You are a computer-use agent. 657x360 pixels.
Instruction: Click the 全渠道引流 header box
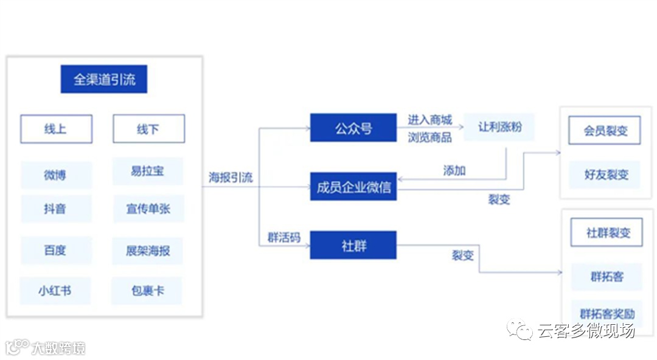coord(104,79)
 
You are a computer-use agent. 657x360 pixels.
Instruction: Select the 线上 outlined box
coord(56,129)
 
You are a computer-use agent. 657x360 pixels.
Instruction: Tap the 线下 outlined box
coord(148,129)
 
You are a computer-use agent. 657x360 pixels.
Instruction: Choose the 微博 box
coord(56,175)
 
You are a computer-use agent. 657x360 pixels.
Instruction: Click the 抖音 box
coord(56,209)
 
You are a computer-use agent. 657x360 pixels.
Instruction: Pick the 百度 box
coord(56,250)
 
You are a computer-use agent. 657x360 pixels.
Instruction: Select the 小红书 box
coord(55,291)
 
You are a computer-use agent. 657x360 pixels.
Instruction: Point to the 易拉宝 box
coord(148,171)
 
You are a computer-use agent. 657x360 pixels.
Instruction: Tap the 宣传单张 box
coord(148,209)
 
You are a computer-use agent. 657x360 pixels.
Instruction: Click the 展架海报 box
coord(148,250)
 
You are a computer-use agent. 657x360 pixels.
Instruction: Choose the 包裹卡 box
coord(148,291)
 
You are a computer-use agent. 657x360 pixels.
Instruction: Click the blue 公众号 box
coord(353,128)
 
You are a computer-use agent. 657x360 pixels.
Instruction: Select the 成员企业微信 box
coord(353,187)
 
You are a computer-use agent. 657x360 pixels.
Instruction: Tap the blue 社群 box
coord(353,245)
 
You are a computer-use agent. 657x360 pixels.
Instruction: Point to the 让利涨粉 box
coord(499,127)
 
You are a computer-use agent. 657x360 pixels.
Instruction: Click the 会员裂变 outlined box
coord(604,130)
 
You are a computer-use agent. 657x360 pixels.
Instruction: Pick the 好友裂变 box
coord(605,175)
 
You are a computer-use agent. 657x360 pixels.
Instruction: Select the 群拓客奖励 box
coord(607,314)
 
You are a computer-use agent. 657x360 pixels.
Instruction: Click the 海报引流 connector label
coord(231,178)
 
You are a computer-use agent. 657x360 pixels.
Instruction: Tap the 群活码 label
coord(284,237)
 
